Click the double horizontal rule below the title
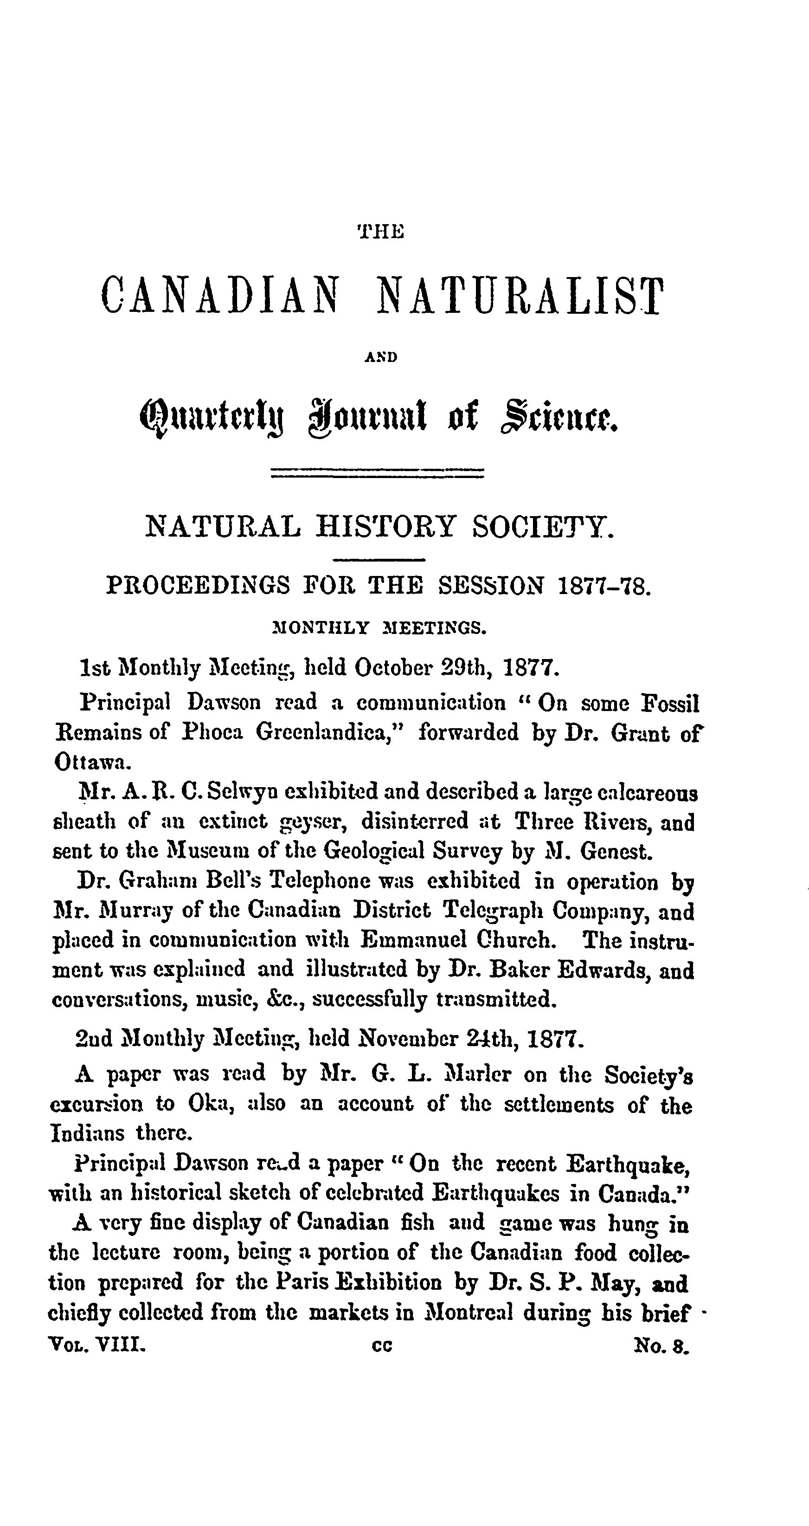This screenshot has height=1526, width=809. coord(377,472)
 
